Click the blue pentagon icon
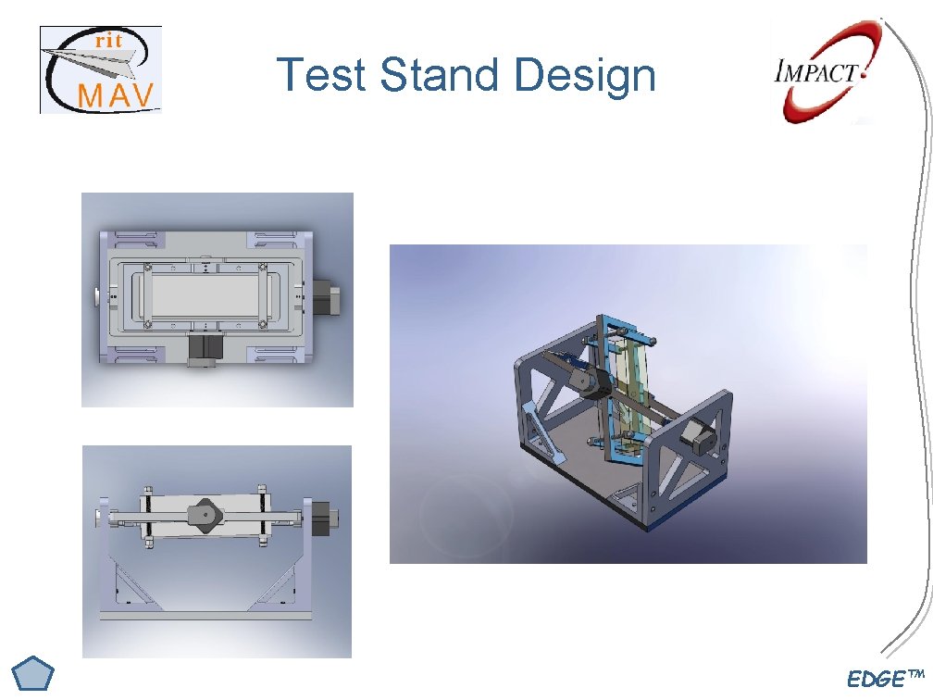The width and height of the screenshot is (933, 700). pos(35,674)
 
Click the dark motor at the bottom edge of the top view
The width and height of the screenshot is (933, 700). pos(203,350)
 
